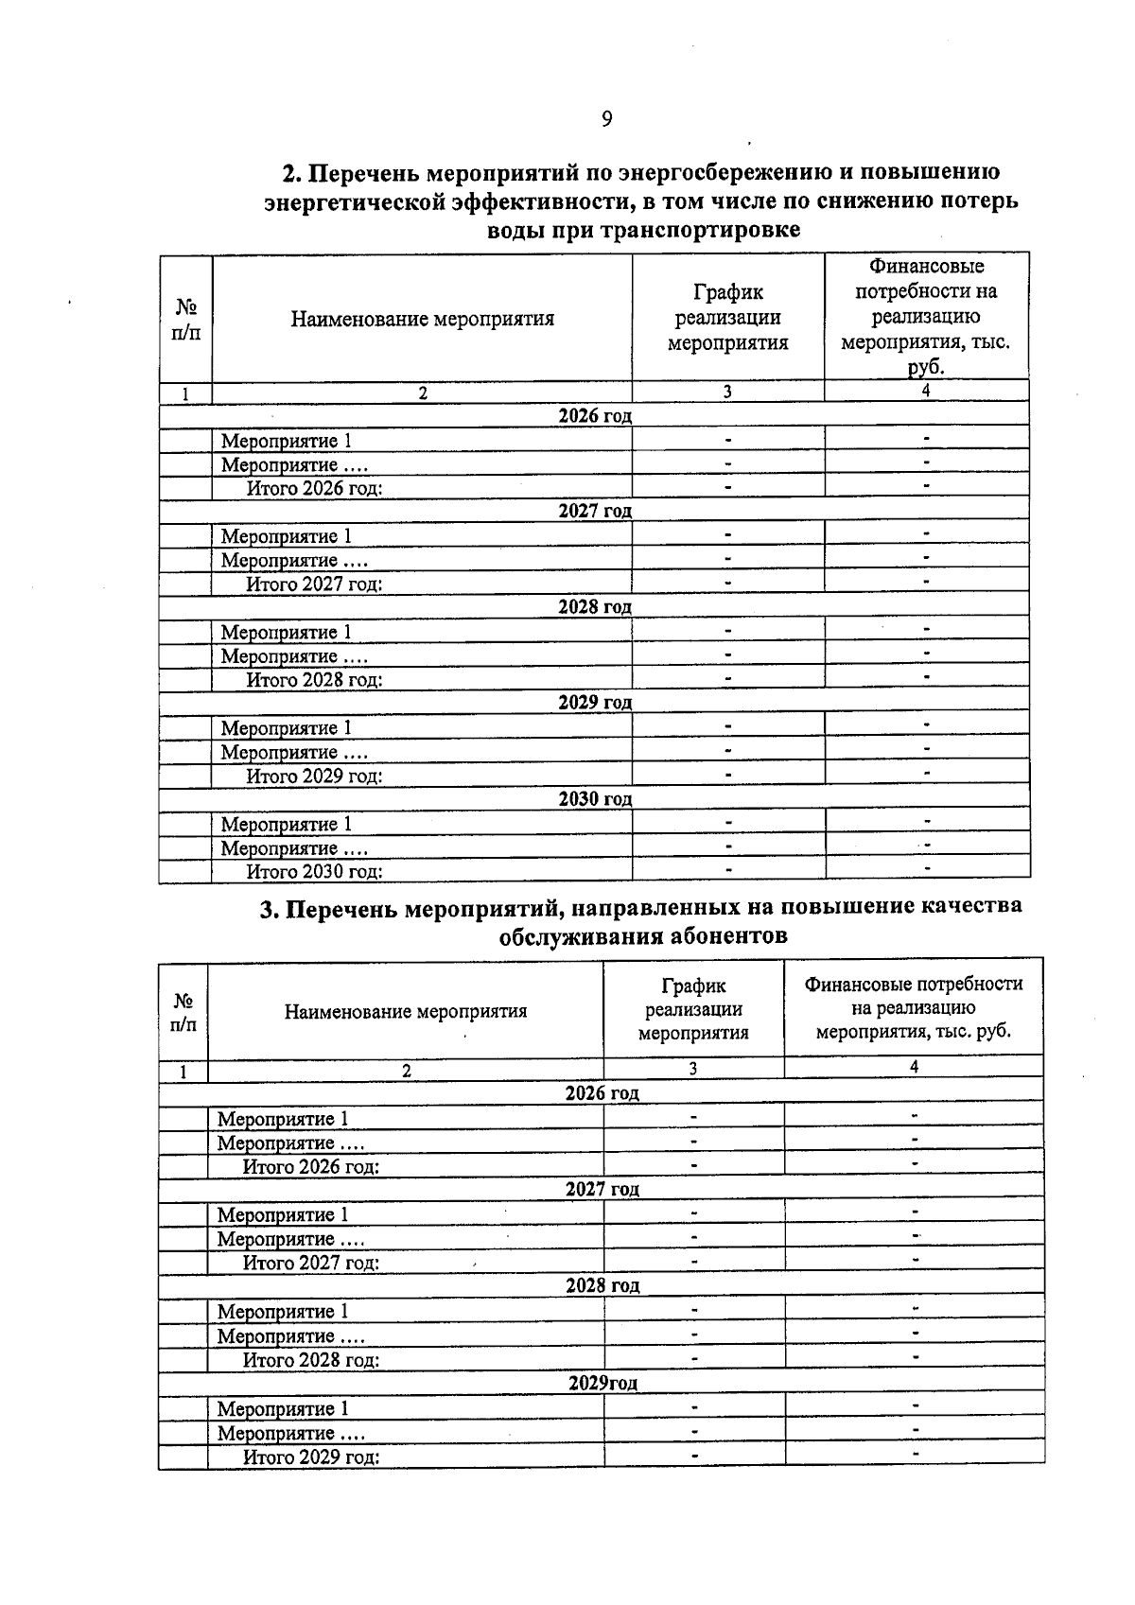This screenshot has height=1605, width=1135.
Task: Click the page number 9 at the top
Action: coord(606,119)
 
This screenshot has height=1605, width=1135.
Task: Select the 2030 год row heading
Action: coord(595,799)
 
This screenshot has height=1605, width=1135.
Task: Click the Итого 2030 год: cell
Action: coord(314,872)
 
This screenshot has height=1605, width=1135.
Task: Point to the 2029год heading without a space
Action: coord(602,1384)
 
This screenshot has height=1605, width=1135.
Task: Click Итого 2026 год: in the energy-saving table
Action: coord(314,489)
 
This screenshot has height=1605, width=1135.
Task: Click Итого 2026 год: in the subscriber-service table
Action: coord(311,1167)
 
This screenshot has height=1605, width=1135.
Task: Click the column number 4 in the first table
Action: coord(926,392)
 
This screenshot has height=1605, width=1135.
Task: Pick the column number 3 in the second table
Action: coord(693,1069)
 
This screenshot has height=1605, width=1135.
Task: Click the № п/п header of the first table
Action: coord(186,320)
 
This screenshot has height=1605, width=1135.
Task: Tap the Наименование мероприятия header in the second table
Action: coord(406,1012)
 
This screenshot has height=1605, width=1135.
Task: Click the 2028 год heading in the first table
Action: coord(595,607)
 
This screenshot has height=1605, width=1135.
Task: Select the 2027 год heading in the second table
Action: coord(602,1190)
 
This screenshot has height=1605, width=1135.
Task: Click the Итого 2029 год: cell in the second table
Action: coord(311,1457)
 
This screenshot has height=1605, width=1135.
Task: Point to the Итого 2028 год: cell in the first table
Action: coord(314,680)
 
